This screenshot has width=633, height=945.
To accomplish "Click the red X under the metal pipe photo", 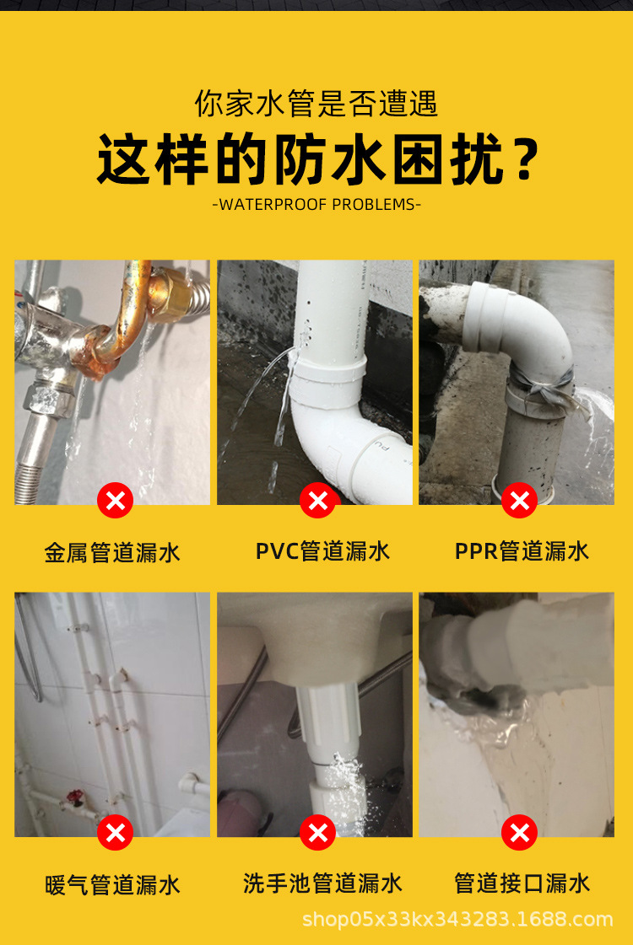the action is (x=116, y=500).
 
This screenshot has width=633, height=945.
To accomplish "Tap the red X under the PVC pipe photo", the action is (x=318, y=500).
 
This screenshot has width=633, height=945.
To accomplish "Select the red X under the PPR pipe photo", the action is (x=520, y=500).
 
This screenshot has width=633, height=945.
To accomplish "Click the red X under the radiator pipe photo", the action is (x=116, y=832).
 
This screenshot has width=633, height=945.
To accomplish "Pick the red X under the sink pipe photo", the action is (x=318, y=832).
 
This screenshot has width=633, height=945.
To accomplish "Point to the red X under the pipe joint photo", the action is (x=520, y=832).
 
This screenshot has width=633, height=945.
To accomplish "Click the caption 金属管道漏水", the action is (x=113, y=552).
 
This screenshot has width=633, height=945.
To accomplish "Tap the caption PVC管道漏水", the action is (x=323, y=551).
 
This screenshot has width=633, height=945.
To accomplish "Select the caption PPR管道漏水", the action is (x=522, y=551).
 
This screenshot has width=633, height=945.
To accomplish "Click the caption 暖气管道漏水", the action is (x=113, y=885).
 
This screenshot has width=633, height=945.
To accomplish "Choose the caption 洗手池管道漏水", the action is (x=323, y=883).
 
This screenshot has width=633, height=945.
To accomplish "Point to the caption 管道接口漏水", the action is (x=522, y=883).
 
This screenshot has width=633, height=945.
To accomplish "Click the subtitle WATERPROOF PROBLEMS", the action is (x=316, y=204).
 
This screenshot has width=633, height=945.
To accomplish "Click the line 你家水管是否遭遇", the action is (x=316, y=104).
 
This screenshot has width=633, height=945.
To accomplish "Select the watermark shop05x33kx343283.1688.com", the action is (x=457, y=919).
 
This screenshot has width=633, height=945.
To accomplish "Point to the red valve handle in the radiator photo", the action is (x=75, y=798).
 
